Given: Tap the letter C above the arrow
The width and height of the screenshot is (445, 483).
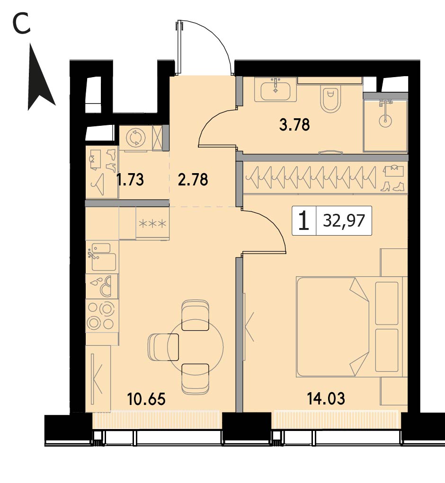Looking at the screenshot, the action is click(x=22, y=24).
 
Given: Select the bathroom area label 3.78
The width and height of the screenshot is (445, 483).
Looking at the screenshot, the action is click(x=294, y=125).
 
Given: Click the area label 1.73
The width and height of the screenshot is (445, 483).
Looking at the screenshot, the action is click(x=130, y=179).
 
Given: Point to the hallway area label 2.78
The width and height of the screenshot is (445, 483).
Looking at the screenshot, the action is click(x=193, y=179).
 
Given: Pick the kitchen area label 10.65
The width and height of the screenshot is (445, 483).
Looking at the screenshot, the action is click(x=146, y=399).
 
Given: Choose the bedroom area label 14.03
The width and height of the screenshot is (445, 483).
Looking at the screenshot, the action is click(x=326, y=398).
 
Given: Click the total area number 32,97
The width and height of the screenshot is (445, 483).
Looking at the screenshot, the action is click(x=344, y=220).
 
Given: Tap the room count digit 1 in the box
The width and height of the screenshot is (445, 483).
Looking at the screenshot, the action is click(x=304, y=220).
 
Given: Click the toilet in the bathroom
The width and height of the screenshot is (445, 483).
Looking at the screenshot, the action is click(x=330, y=99).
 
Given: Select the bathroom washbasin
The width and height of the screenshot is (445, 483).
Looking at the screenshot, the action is click(x=276, y=89).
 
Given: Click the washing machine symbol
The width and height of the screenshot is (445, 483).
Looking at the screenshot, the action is click(x=135, y=138).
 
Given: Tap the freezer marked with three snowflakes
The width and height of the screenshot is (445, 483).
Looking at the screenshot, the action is click(x=152, y=223).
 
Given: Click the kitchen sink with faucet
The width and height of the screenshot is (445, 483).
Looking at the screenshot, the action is click(x=102, y=257).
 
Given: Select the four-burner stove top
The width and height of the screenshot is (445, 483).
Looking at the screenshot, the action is click(x=102, y=316).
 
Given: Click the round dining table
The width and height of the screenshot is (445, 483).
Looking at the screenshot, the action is click(x=196, y=347).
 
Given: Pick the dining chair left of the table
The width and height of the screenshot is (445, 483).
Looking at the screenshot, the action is click(x=163, y=347).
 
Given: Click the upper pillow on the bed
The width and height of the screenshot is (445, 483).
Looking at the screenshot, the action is click(x=387, y=303).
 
